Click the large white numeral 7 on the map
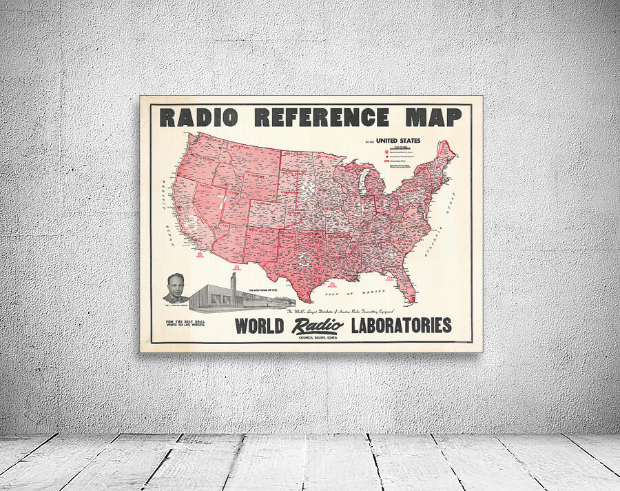222,202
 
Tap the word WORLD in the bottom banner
260,325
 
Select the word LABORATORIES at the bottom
400,325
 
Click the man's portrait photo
176,288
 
